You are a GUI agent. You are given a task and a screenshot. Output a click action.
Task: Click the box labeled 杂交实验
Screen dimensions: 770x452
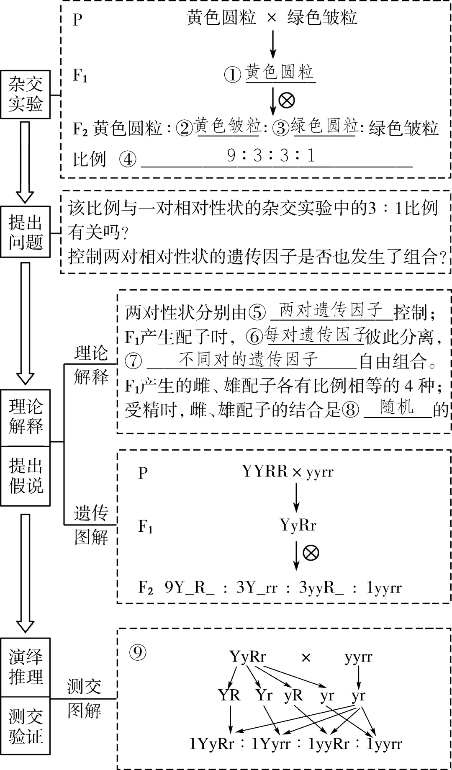point(26,94)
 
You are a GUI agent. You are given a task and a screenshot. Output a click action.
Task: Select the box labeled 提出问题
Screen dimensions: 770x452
point(26,232)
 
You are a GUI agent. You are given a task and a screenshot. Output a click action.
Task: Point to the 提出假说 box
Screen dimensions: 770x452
point(26,476)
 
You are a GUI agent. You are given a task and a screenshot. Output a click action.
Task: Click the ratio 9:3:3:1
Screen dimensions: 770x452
point(271,156)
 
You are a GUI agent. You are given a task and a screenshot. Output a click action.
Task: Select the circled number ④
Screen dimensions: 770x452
point(128,159)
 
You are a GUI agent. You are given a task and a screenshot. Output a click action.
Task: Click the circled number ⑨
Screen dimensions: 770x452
point(138,652)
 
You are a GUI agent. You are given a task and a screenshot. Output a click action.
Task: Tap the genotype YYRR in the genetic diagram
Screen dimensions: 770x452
point(265,471)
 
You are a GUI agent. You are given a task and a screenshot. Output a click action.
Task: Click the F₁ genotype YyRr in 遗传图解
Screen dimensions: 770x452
point(298,525)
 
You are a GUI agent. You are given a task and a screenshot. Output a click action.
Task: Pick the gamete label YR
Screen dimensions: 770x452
point(229,695)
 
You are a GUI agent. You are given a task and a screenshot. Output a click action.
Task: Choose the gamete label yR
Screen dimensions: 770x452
point(293,695)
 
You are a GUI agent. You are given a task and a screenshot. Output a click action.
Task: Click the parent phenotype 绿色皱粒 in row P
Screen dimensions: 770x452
point(322,18)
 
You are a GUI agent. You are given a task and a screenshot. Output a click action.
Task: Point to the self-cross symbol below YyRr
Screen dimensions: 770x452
point(311,552)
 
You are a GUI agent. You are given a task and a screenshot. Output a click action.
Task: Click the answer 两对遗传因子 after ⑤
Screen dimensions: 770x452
point(331,310)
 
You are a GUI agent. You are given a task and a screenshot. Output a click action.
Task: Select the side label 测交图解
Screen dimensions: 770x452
point(85,698)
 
